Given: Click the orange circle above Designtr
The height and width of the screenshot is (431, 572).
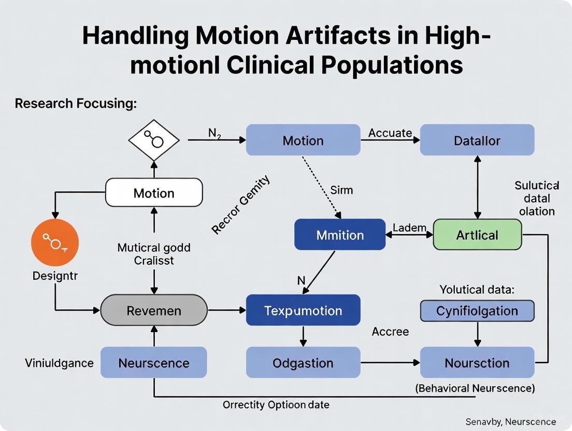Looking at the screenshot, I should pyautogui.click(x=55, y=242).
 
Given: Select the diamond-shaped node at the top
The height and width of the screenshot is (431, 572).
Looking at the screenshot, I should pyautogui.click(x=154, y=140).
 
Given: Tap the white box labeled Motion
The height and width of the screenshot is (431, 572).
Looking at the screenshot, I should pyautogui.click(x=154, y=193).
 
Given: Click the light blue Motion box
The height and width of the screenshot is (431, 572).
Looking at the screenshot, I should pyautogui.click(x=303, y=140).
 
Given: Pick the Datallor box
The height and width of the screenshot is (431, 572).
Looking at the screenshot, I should pyautogui.click(x=477, y=140).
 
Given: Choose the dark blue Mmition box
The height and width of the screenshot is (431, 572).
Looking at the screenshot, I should pyautogui.click(x=339, y=235).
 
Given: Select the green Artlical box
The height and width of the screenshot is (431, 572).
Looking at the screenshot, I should pyautogui.click(x=477, y=235).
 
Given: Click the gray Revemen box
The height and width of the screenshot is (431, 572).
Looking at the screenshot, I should pyautogui.click(x=154, y=310).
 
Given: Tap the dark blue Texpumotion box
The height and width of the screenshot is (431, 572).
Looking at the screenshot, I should pyautogui.click(x=303, y=310).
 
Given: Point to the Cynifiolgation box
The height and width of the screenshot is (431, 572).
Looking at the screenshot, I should pyautogui.click(x=477, y=311).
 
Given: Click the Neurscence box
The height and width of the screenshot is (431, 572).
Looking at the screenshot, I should pyautogui.click(x=154, y=363).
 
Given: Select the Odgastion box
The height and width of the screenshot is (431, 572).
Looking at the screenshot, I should pyautogui.click(x=303, y=363).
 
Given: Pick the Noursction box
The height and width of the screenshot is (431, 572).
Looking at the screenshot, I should pyautogui.click(x=477, y=363).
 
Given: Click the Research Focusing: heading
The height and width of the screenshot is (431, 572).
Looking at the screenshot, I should pyautogui.click(x=76, y=104).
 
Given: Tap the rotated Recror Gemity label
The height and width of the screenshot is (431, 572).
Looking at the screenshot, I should pyautogui.click(x=241, y=205).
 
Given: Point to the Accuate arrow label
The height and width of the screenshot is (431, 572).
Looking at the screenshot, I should pyautogui.click(x=390, y=133).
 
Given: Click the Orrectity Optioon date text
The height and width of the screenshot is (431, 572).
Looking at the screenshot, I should pyautogui.click(x=276, y=405).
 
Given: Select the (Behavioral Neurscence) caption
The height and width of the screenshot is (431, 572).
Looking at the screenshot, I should pyautogui.click(x=476, y=388).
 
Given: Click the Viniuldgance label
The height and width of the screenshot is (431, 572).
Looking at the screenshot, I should pyautogui.click(x=59, y=363).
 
